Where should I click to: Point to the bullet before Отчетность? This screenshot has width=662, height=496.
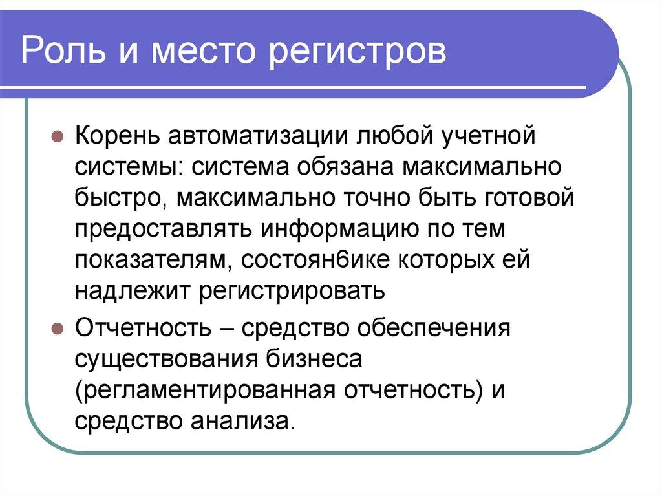coord(57,328)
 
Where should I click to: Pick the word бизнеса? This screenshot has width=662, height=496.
coord(314,360)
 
